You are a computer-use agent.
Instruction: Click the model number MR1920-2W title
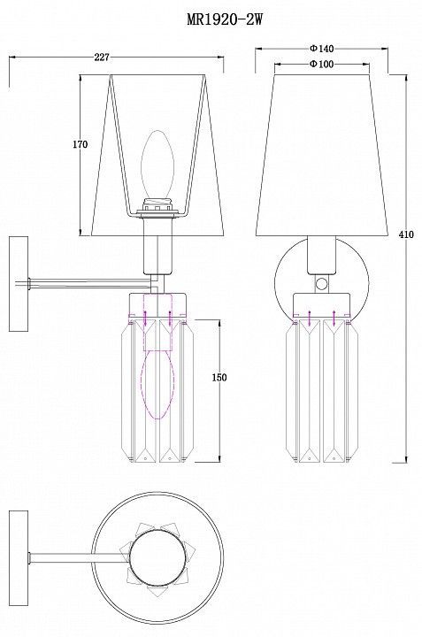[x=225, y=19]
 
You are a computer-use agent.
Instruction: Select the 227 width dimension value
[x=102, y=58]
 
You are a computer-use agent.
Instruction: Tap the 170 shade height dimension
[x=80, y=144]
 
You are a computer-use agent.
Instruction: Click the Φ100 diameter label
[x=321, y=65]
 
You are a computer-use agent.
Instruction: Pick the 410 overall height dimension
[x=406, y=234]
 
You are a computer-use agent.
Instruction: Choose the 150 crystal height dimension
[x=219, y=378]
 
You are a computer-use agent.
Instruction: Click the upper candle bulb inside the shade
[x=157, y=164]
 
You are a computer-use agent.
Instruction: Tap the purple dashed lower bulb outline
[x=157, y=384]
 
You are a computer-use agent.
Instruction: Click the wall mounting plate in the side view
[x=19, y=284]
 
